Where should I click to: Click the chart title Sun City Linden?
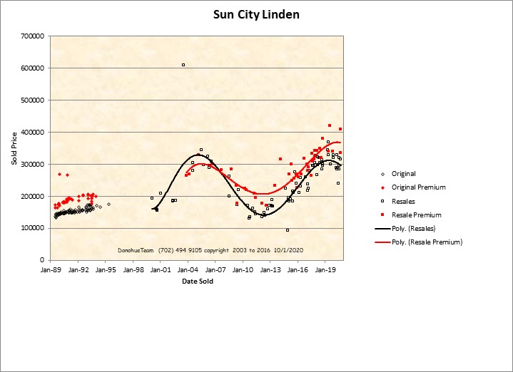pyautogui.click(x=256, y=14)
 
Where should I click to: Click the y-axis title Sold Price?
pyautogui.click(x=14, y=148)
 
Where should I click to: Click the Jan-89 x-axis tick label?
pyautogui.click(x=51, y=270)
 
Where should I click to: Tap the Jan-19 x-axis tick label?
pyautogui.click(x=326, y=270)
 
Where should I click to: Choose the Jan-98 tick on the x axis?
pyautogui.click(x=133, y=270)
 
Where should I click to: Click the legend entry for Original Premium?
pyautogui.click(x=419, y=187)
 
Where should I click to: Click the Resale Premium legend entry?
pyautogui.click(x=417, y=215)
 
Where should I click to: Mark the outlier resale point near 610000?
pyautogui.click(x=183, y=65)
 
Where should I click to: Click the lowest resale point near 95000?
pyautogui.click(x=288, y=230)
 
